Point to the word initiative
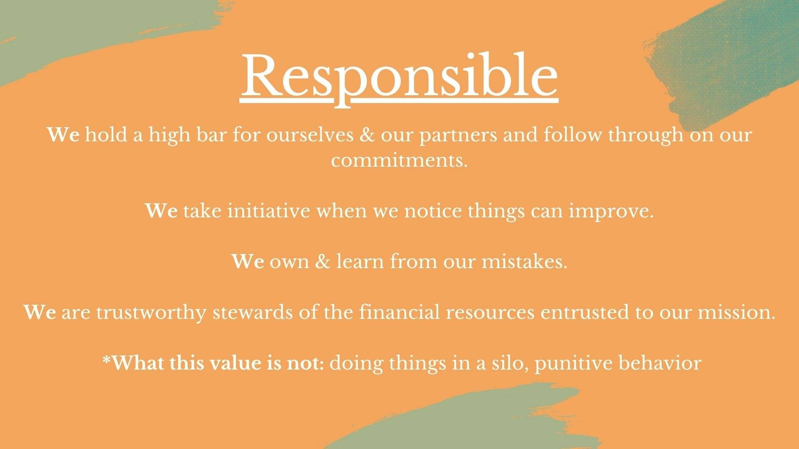[268, 211]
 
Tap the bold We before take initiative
[161, 211]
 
